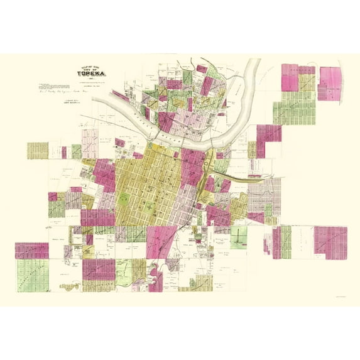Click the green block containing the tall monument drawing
click(x=239, y=237)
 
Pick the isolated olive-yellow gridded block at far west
click(x=38, y=150)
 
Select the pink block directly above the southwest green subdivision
click(x=31, y=250)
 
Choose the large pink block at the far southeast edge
click(x=330, y=242)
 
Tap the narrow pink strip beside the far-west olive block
click(x=63, y=152)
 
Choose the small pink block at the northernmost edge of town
click(x=201, y=68)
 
